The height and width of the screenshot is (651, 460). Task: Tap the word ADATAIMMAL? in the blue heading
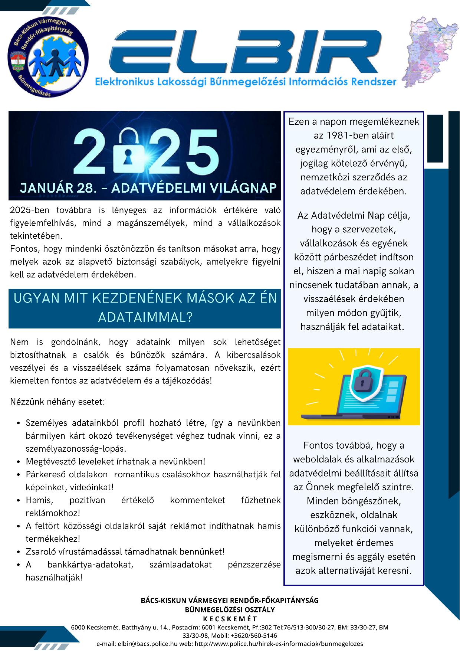[x=145, y=317]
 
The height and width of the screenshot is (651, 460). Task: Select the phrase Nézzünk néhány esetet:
[x=57, y=402]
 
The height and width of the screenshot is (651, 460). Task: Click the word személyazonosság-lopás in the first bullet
[x=76, y=449]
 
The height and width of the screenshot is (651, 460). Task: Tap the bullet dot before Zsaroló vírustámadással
[x=19, y=552]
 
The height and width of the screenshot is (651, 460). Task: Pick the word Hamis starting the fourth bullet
[x=39, y=500]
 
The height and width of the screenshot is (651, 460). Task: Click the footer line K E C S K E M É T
[x=230, y=619]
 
